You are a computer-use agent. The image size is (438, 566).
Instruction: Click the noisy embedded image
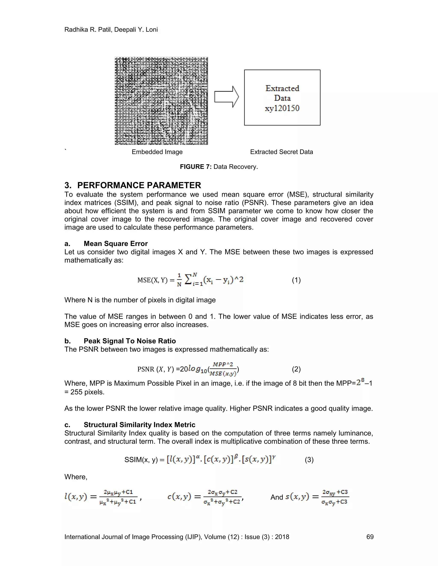click(x=161, y=101)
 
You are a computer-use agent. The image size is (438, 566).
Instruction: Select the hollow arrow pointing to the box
click(x=226, y=97)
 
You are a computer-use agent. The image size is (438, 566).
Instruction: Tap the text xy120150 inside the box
click(x=282, y=108)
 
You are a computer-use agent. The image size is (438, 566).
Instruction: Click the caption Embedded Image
click(x=157, y=152)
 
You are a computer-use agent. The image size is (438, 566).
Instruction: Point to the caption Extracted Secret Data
click(x=281, y=152)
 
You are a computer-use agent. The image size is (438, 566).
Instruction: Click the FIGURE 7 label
click(x=196, y=167)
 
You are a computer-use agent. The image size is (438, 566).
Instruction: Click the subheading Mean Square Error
click(x=115, y=244)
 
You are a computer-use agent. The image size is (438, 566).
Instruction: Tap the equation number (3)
click(x=309, y=460)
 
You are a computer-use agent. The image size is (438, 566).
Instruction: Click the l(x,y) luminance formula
click(x=102, y=497)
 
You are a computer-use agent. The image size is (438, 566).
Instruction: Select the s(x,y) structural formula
click(x=317, y=497)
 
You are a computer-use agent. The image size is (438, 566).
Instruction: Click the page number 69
click(x=370, y=537)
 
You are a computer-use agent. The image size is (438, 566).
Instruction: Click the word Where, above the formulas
click(x=76, y=477)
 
